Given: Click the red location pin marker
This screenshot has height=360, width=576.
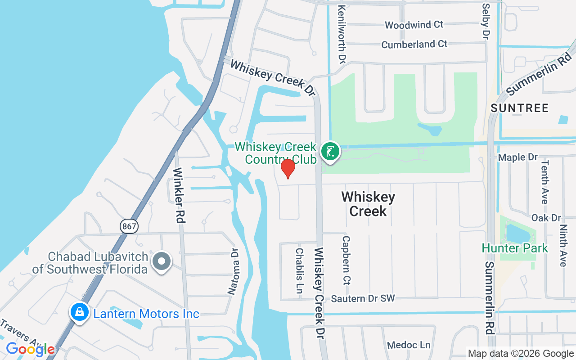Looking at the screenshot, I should [288, 168].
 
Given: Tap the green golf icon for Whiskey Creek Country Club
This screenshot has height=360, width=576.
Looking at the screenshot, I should [330, 151].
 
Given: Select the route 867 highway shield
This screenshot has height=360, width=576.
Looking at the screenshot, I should [129, 226].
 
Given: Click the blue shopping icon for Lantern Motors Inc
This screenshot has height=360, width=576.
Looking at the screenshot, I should [79, 312].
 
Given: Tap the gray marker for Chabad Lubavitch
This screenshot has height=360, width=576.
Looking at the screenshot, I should [161, 261].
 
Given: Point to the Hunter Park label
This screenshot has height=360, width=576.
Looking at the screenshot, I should [515, 248].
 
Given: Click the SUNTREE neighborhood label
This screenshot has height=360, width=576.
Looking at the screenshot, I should [520, 108].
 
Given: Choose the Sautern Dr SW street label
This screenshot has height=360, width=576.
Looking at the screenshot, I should [363, 298].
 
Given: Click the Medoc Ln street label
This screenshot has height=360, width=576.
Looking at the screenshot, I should [409, 345].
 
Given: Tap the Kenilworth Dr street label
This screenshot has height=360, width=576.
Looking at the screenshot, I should [342, 34].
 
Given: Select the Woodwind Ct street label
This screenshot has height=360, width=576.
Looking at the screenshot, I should [414, 25].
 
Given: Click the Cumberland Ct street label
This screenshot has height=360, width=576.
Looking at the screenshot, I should [414, 44].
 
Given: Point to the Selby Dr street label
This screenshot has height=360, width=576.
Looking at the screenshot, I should [485, 21].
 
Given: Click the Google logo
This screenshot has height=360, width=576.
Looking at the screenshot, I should [30, 349].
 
